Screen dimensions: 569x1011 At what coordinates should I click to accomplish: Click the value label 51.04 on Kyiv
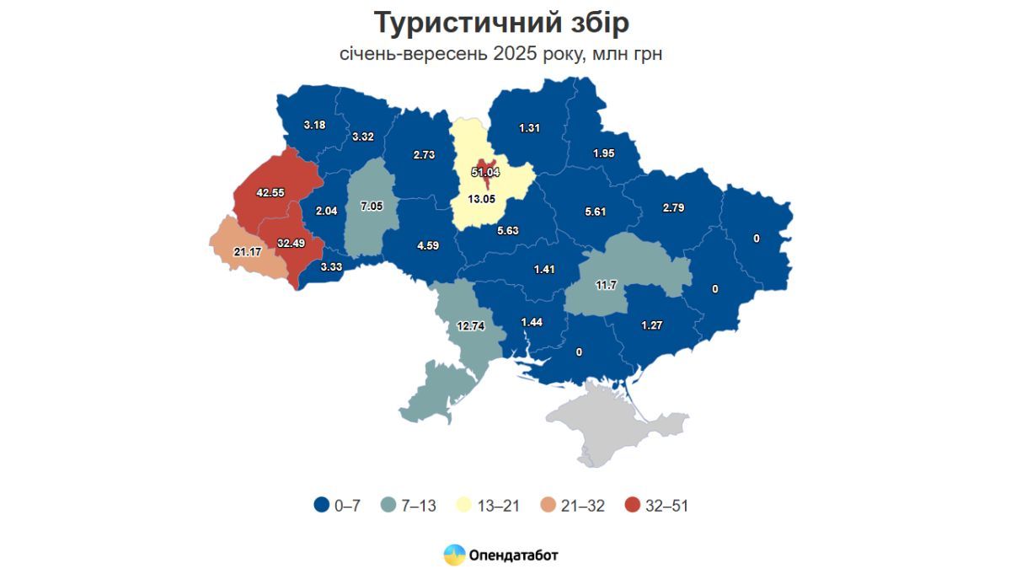click(485, 172)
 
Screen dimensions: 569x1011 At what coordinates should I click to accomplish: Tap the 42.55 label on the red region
click(270, 192)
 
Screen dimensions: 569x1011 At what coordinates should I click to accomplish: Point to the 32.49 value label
click(291, 243)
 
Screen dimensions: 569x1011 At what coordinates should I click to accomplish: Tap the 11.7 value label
click(606, 285)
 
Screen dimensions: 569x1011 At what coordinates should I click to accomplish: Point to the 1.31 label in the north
click(529, 128)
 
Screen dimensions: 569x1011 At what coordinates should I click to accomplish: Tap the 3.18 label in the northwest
click(314, 125)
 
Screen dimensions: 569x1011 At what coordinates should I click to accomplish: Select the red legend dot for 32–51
click(633, 506)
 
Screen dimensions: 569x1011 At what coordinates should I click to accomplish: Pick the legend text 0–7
click(348, 506)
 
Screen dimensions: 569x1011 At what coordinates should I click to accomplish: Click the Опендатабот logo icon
click(454, 555)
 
